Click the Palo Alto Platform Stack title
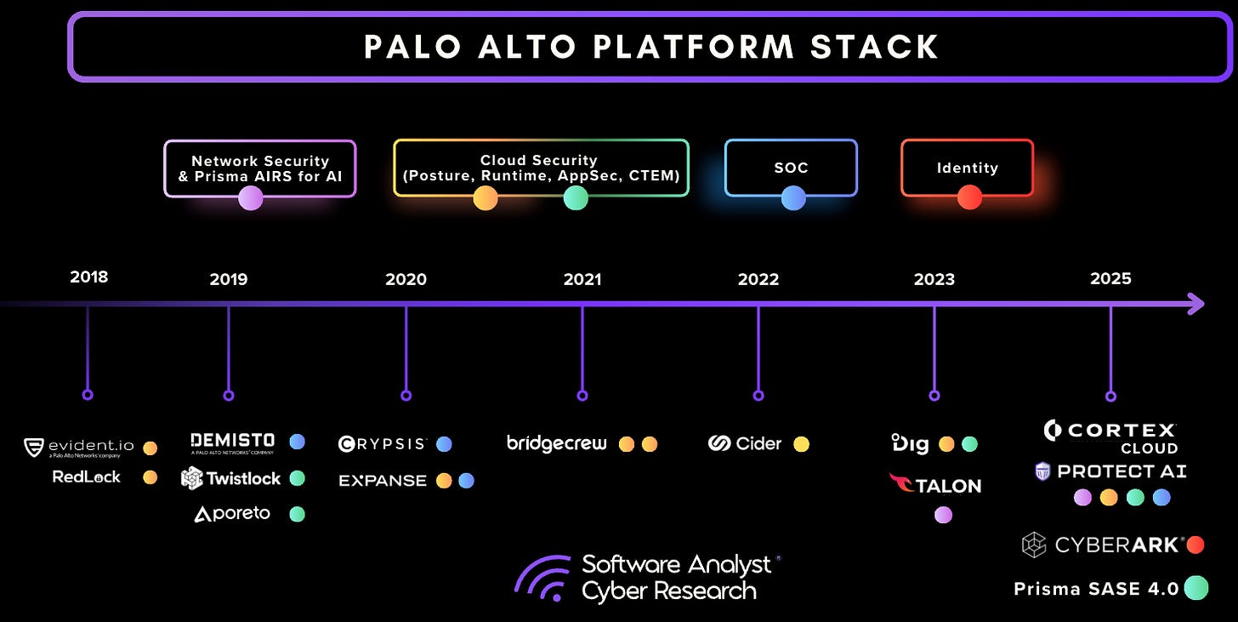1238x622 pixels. [650, 46]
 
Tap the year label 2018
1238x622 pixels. [88, 277]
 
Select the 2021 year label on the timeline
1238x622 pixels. [582, 279]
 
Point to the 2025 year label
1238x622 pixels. [1110, 279]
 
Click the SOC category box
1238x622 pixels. [791, 168]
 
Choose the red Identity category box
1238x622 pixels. [967, 168]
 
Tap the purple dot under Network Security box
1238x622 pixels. [250, 198]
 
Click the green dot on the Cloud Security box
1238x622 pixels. [576, 198]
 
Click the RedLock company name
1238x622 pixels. [87, 476]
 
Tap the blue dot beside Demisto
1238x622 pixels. [297, 442]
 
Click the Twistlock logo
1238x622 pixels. [231, 478]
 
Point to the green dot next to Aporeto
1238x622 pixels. [297, 514]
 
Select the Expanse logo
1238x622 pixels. [383, 481]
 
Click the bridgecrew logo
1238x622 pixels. [557, 443]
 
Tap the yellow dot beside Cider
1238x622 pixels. [801, 443]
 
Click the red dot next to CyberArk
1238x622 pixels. [1195, 545]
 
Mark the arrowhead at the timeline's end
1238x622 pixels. [1195, 303]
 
